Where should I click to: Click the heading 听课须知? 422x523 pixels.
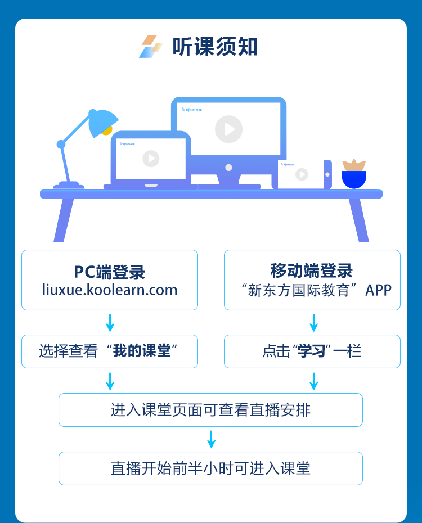(x=215, y=47)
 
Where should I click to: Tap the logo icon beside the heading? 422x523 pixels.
(x=150, y=47)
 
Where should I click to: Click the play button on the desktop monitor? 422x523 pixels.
(x=228, y=129)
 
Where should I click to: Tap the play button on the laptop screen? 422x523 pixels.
(x=151, y=159)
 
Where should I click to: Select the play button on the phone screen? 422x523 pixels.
(x=302, y=174)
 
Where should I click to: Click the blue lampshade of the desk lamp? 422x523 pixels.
(x=102, y=123)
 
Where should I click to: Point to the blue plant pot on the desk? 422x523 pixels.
(x=354, y=179)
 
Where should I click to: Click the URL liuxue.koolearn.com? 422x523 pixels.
(x=110, y=290)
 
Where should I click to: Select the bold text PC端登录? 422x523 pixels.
(x=110, y=272)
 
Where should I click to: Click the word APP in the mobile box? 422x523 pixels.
(x=379, y=290)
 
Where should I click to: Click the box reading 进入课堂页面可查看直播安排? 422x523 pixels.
(x=210, y=409)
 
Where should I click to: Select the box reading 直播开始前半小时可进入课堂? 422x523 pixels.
(x=210, y=468)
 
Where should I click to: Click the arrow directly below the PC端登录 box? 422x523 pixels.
(x=110, y=323)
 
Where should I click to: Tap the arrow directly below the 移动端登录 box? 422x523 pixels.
(x=314, y=323)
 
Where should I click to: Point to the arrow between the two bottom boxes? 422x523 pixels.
(x=211, y=439)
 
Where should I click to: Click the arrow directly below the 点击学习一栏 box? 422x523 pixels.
(x=314, y=381)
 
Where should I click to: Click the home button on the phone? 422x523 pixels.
(x=327, y=174)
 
